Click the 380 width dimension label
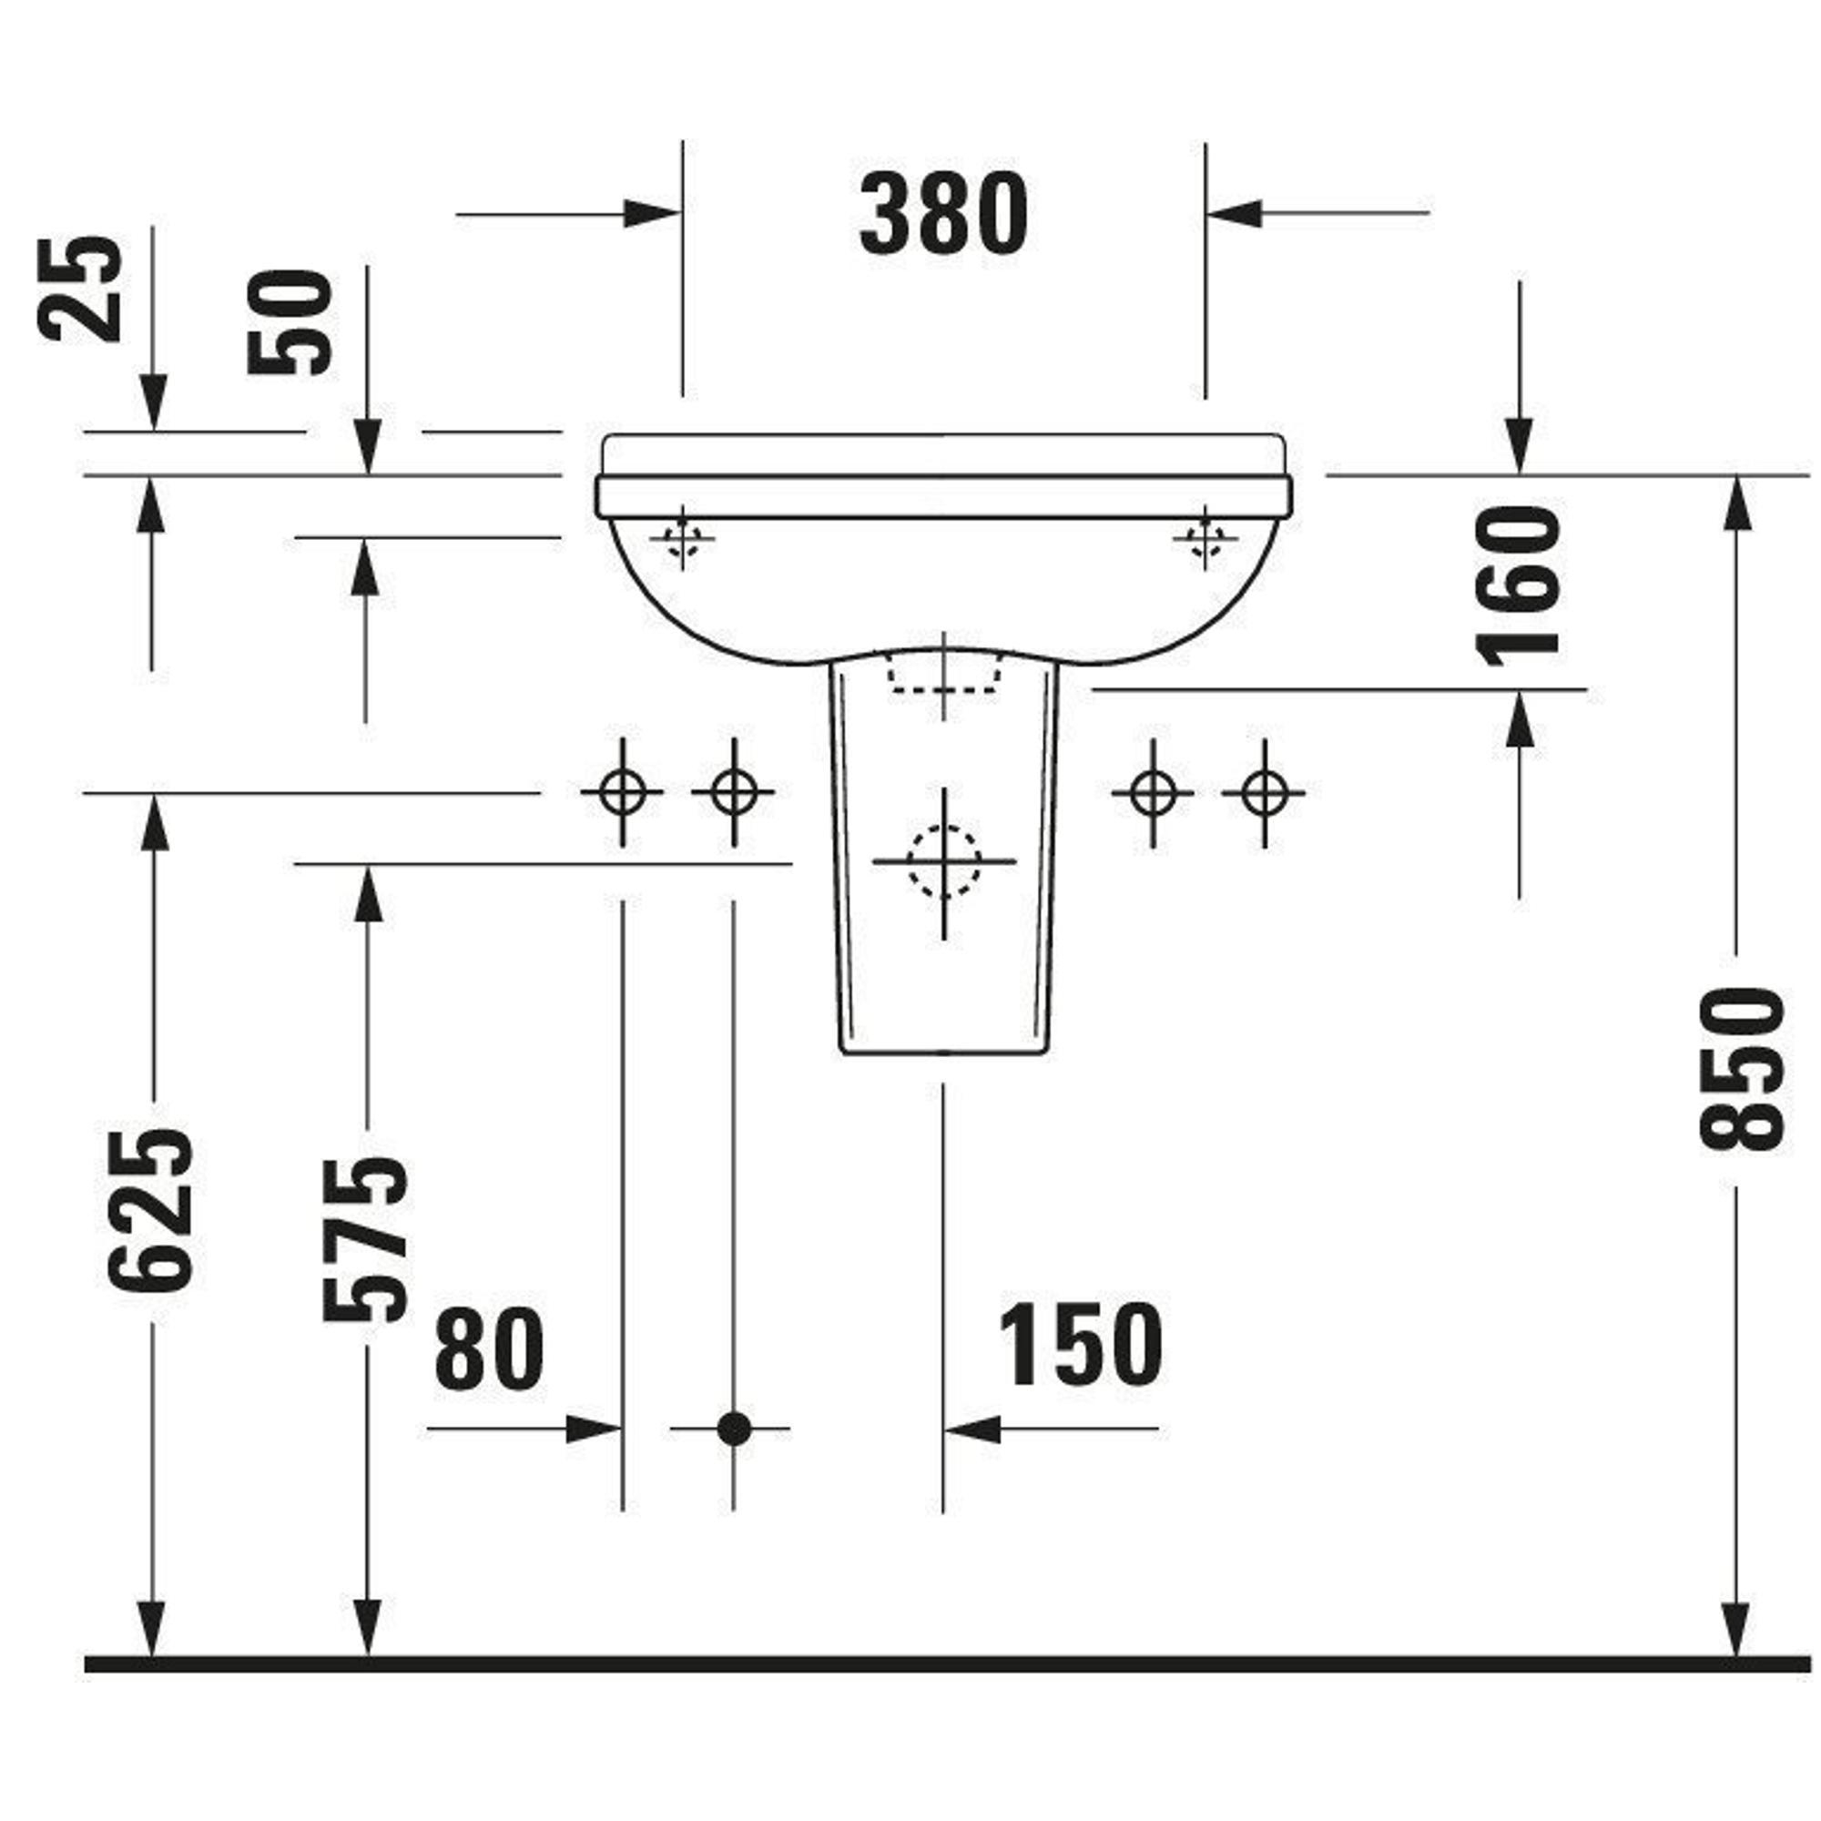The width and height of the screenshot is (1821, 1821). (x=943, y=214)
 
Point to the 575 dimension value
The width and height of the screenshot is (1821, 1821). (x=366, y=1238)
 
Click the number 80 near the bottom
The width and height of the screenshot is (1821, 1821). (x=489, y=1348)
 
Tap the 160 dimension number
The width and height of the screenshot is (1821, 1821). (x=1519, y=585)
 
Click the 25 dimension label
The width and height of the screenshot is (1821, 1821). (x=80, y=289)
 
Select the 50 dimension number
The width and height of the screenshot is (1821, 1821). (x=290, y=323)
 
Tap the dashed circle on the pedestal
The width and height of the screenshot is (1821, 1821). (x=944, y=860)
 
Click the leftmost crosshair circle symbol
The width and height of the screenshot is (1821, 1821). (x=622, y=793)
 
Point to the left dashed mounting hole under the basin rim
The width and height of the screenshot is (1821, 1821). (x=682, y=539)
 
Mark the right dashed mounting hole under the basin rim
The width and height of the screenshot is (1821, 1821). (x=1205, y=539)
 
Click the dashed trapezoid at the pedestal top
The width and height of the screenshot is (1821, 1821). (x=944, y=671)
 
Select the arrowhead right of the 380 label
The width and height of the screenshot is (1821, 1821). (x=1235, y=213)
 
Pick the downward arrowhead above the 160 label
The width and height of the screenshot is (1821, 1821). (x=1519, y=444)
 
